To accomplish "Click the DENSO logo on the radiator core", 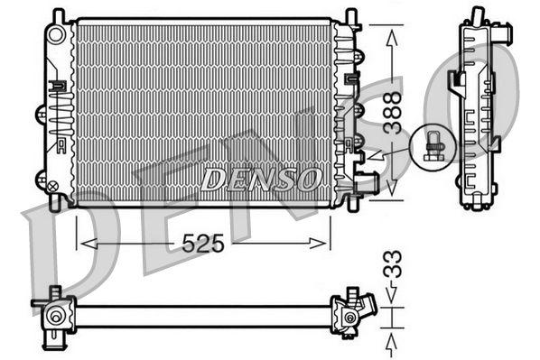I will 260,178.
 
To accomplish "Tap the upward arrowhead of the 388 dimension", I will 391,35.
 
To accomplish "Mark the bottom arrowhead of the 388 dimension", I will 391,191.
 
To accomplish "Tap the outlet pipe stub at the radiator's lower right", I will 368,185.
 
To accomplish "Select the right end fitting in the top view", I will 350,315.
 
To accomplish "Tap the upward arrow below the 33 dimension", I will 392,341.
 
